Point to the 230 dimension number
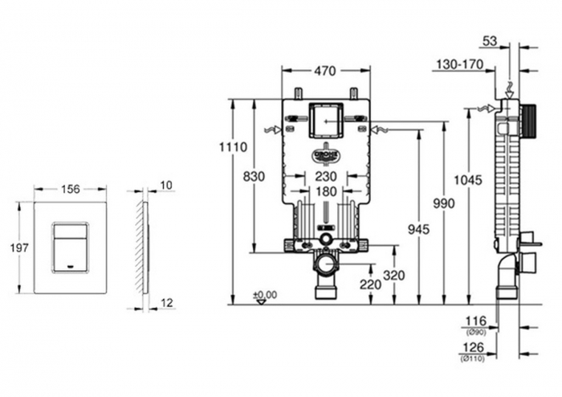click(325, 177)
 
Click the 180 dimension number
click(325, 191)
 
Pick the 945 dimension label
click(418, 230)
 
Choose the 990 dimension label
click(442, 204)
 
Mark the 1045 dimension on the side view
click(468, 180)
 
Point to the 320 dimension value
click(393, 275)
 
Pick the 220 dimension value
click(370, 284)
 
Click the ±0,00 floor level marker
click(264, 295)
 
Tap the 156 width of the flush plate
click(71, 189)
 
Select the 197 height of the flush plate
click(18, 248)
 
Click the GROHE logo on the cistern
click(326, 153)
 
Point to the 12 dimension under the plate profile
click(165, 302)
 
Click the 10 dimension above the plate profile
click(166, 186)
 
